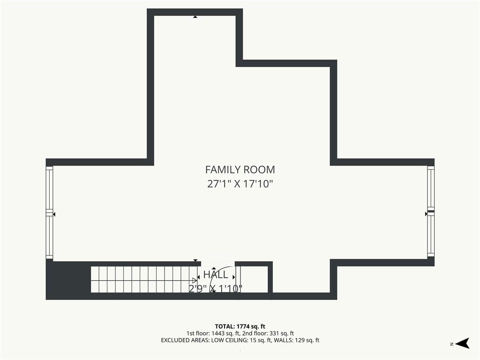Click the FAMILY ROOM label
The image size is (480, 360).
pyautogui.click(x=240, y=170)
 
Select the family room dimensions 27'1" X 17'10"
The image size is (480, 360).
pyautogui.click(x=240, y=184)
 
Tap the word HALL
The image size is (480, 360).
pyautogui.click(x=216, y=275)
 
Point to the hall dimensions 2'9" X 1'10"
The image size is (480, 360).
pyautogui.click(x=216, y=289)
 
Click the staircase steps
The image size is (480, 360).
pyautogui.click(x=144, y=279)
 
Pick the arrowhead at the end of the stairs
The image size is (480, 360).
pyautogui.click(x=195, y=280)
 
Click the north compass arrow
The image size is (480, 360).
pyautogui.click(x=463, y=343)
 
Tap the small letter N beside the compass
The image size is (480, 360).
pyautogui.click(x=451, y=344)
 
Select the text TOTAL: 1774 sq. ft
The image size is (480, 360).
pyautogui.click(x=240, y=326)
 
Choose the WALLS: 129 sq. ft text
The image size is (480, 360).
pyautogui.click(x=296, y=340)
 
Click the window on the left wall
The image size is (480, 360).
pyautogui.click(x=49, y=212)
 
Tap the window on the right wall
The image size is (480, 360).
pyautogui.click(x=431, y=211)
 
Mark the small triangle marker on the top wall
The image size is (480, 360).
pyautogui.click(x=195, y=17)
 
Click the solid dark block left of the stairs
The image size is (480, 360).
pyautogui.click(x=68, y=279)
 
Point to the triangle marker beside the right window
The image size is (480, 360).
pyautogui.click(x=426, y=214)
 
